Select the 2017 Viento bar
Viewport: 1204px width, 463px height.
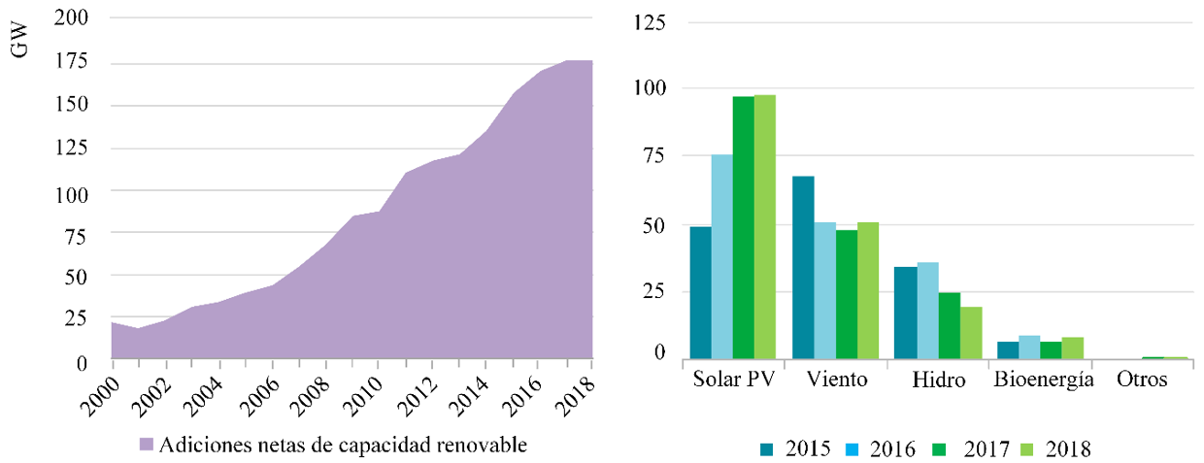[847, 295]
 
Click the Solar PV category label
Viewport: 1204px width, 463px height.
[733, 380]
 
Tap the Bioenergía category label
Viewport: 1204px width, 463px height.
[1043, 380]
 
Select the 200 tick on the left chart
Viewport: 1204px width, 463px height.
[77, 17]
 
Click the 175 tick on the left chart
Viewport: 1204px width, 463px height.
[77, 61]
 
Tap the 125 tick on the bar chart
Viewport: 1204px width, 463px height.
[648, 21]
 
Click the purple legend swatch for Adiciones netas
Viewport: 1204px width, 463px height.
[146, 446]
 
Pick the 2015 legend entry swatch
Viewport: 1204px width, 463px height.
[768, 448]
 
